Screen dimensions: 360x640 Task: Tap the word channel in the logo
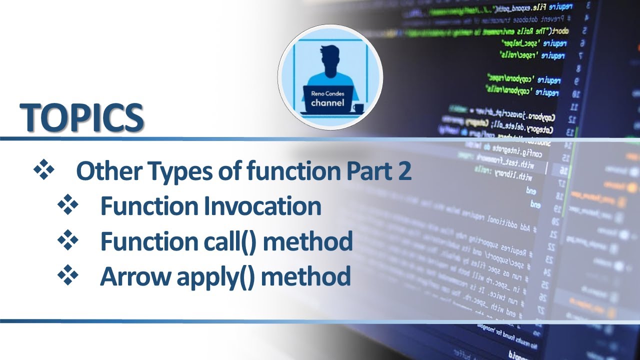tap(327, 103)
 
